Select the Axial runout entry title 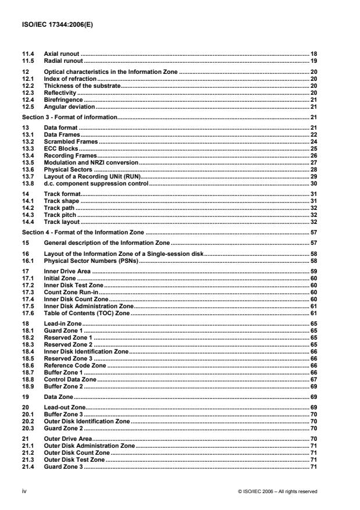click(62, 53)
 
